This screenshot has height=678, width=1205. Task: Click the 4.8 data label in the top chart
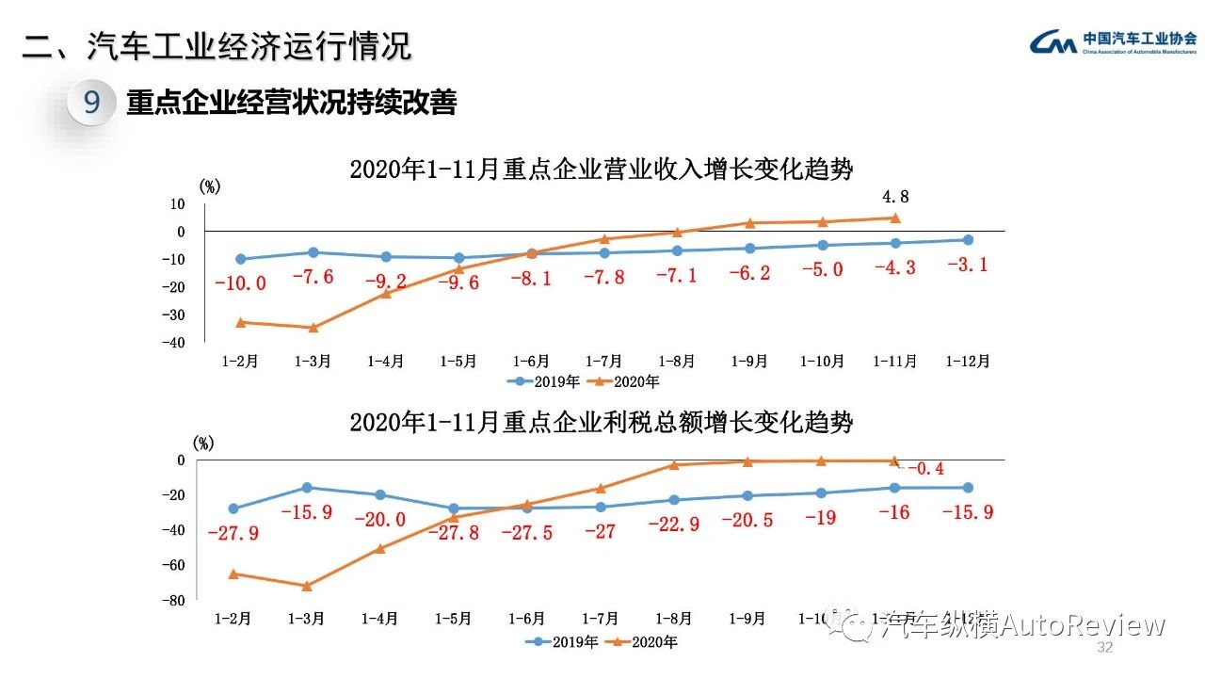(895, 198)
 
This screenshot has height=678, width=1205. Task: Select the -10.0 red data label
(240, 282)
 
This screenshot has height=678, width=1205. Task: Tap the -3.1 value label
(967, 265)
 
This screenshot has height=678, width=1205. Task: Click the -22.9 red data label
(674, 525)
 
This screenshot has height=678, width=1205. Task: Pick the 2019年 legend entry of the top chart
(536, 381)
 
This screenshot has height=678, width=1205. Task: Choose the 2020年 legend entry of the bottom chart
(647, 642)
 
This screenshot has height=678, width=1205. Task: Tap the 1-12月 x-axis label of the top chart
(968, 361)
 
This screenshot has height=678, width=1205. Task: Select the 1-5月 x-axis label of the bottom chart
(454, 619)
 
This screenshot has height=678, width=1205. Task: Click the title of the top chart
(602, 169)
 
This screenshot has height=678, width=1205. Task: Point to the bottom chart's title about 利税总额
(602, 422)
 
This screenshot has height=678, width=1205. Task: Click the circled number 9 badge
(91, 102)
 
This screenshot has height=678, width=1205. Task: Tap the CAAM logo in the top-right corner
(1113, 42)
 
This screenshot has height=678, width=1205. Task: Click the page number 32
(1105, 649)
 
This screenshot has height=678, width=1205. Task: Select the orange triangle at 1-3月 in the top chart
(313, 328)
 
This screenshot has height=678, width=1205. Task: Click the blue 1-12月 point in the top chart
(968, 240)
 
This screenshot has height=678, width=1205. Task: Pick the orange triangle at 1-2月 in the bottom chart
(233, 573)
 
